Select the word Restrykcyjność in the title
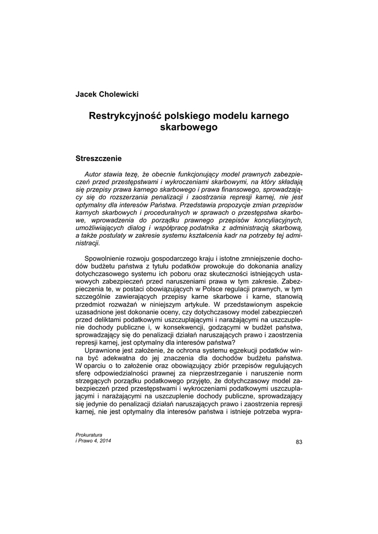(x=124, y=115)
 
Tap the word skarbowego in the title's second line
(x=188, y=127)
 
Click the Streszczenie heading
(x=99, y=157)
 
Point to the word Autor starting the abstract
(x=93, y=174)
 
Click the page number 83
(x=299, y=442)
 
